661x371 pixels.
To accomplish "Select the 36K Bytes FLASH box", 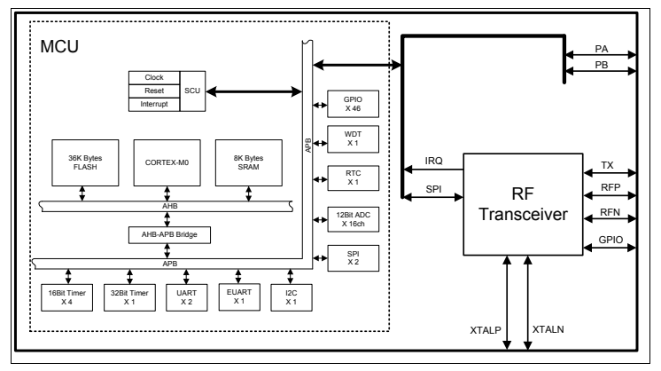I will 84,162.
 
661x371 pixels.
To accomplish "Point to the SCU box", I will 192,91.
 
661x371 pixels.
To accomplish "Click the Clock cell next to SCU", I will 154,77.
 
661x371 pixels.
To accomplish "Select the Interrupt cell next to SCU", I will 154,104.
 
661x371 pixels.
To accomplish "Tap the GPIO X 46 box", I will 354,103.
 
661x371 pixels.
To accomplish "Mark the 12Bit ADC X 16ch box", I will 354,218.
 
